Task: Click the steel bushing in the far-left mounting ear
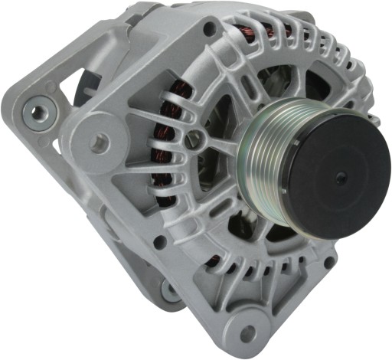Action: (x=36, y=113)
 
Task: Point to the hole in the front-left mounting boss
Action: (x=100, y=141)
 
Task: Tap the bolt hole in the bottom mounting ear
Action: (x=247, y=333)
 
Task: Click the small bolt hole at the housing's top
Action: (x=207, y=29)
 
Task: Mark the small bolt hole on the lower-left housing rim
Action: (x=160, y=243)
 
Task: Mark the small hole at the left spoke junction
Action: (x=196, y=139)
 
